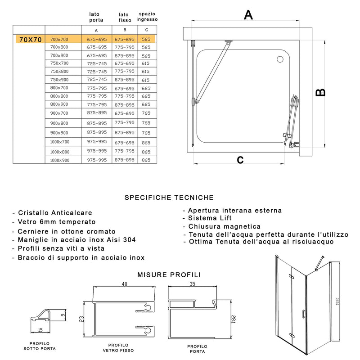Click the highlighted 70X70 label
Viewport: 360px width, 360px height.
coord(29,40)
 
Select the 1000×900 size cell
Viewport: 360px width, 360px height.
coord(59,160)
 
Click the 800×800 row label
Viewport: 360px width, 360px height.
coord(59,96)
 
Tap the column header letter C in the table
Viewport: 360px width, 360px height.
coord(146,30)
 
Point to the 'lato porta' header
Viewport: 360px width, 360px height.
coord(96,17)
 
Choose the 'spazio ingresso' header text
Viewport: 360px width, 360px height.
coord(148,17)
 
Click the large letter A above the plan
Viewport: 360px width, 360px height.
coord(248,15)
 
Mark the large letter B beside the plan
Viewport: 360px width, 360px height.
coord(320,92)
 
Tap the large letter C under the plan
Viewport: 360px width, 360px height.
coord(240,159)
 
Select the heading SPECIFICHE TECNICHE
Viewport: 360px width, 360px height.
coord(169,198)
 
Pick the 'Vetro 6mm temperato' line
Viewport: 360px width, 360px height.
coord(57,222)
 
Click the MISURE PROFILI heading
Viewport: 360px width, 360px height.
coord(169,274)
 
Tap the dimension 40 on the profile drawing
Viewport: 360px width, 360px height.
coord(124,284)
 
